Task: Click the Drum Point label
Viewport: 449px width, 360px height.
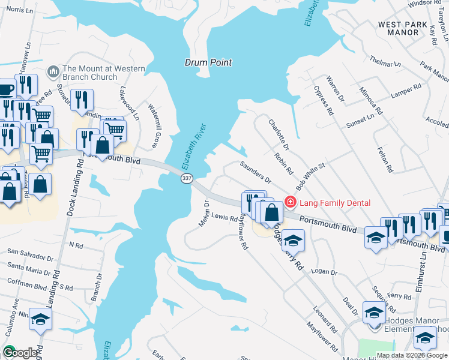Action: point(208,62)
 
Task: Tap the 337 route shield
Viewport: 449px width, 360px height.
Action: point(187,179)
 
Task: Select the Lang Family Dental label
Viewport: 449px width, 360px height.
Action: point(336,203)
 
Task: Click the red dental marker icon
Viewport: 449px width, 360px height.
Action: point(291,202)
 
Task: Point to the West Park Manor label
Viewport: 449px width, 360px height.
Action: point(403,29)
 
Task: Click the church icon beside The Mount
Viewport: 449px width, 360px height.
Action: point(53,73)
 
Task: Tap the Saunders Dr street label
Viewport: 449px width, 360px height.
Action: point(256,172)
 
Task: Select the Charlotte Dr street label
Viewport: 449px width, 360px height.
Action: point(279,134)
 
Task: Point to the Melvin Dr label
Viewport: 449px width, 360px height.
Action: point(204,214)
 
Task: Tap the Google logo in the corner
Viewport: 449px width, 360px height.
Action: point(20,352)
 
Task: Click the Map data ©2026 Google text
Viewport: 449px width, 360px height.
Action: point(412,355)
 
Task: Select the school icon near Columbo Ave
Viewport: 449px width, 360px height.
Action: point(40,319)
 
